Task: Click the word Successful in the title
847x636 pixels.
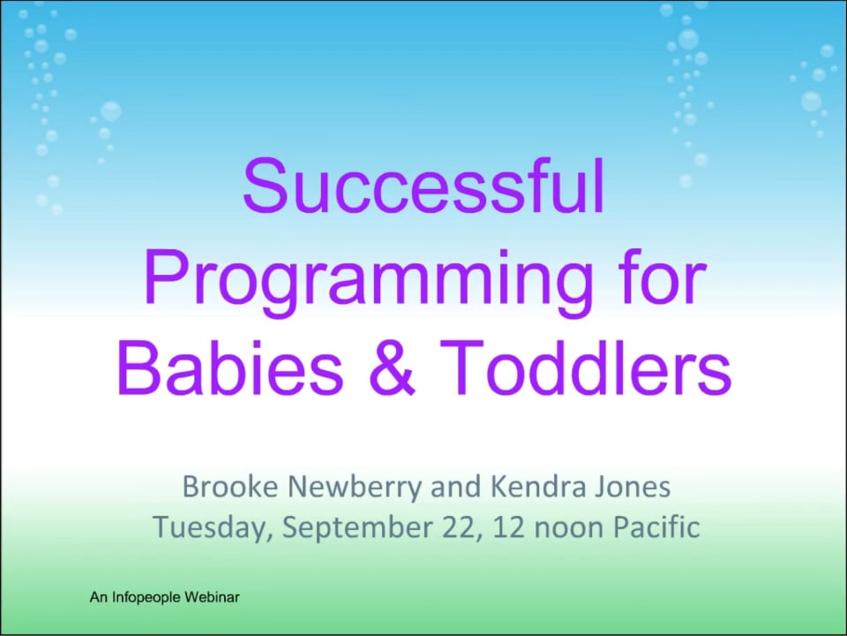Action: pyautogui.click(x=423, y=185)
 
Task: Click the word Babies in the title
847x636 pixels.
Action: pyautogui.click(x=229, y=367)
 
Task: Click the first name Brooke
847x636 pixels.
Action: pyautogui.click(x=230, y=486)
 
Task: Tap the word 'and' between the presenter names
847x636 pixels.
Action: pyautogui.click(x=455, y=486)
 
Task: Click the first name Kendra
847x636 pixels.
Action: pyautogui.click(x=537, y=486)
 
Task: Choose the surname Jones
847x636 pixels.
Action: pyautogui.click(x=632, y=486)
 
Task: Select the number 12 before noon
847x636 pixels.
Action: pyautogui.click(x=508, y=526)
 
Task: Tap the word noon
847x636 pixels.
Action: pyautogui.click(x=568, y=529)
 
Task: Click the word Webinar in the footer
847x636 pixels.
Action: pyautogui.click(x=212, y=597)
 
